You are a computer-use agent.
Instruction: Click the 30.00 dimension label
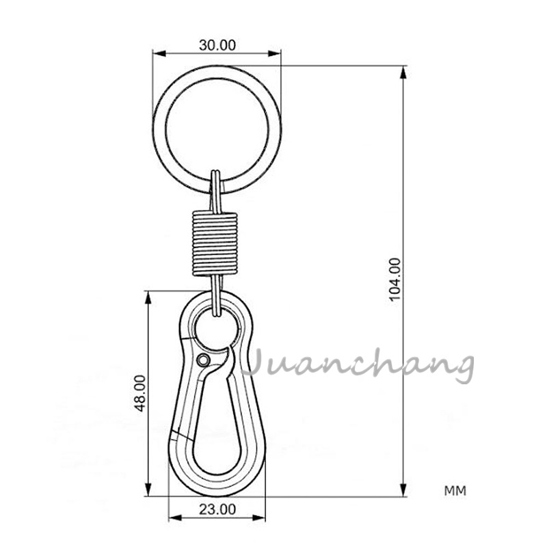[217, 46]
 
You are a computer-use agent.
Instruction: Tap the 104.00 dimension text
[394, 279]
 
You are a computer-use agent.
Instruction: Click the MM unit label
[455, 491]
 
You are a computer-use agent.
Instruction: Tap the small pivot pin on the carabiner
[203, 360]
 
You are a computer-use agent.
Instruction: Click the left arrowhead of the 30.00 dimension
[156, 53]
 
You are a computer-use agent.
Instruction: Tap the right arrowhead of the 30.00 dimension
[278, 53]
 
